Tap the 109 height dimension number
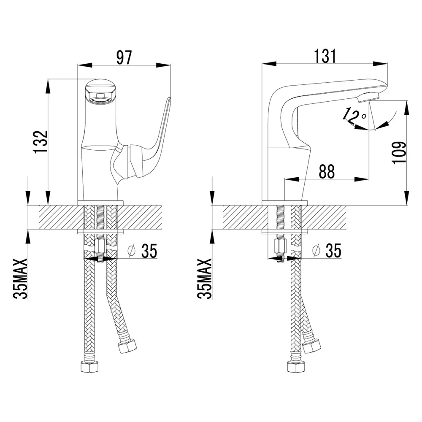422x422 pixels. [399, 152]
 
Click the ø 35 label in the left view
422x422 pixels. [143, 251]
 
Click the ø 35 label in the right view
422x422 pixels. [327, 251]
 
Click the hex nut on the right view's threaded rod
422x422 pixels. [280, 245]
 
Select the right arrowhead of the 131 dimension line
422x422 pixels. [382, 64]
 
